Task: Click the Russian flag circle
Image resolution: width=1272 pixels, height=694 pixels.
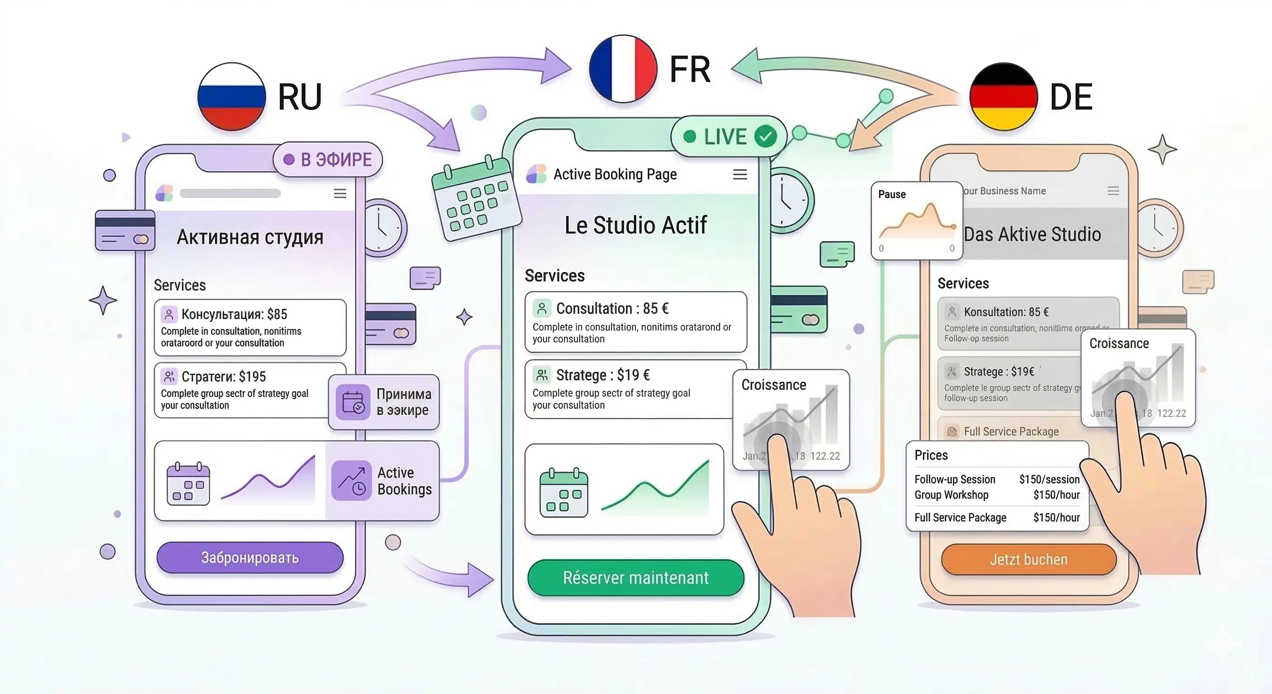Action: coord(232,96)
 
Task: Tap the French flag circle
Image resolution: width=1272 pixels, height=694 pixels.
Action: coord(623,69)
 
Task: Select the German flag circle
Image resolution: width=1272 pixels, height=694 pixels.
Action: coord(1003,96)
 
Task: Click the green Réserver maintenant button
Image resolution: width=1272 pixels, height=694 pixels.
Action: coord(636,577)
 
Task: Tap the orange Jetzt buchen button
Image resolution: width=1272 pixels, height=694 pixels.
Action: coord(1029,559)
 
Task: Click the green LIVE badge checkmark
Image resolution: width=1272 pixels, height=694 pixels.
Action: coord(765,136)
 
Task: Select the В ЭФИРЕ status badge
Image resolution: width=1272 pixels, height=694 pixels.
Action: coord(328,159)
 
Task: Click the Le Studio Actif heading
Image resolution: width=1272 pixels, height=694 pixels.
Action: coord(636,225)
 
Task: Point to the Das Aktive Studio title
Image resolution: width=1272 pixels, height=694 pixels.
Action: coord(1032,234)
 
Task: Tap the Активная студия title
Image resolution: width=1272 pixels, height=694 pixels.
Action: coord(250,237)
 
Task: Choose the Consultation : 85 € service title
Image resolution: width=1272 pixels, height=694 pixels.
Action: coord(613,308)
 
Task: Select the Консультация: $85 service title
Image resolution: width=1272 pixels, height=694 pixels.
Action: coord(234,314)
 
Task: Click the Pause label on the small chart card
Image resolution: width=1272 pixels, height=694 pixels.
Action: coord(892,194)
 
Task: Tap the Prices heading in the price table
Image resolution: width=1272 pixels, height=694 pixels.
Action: coord(931,455)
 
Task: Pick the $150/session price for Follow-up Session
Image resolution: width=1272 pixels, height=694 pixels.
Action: coord(1049,479)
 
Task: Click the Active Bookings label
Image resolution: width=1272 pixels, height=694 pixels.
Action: coord(404,481)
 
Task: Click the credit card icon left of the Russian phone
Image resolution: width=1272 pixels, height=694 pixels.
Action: coord(125,231)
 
